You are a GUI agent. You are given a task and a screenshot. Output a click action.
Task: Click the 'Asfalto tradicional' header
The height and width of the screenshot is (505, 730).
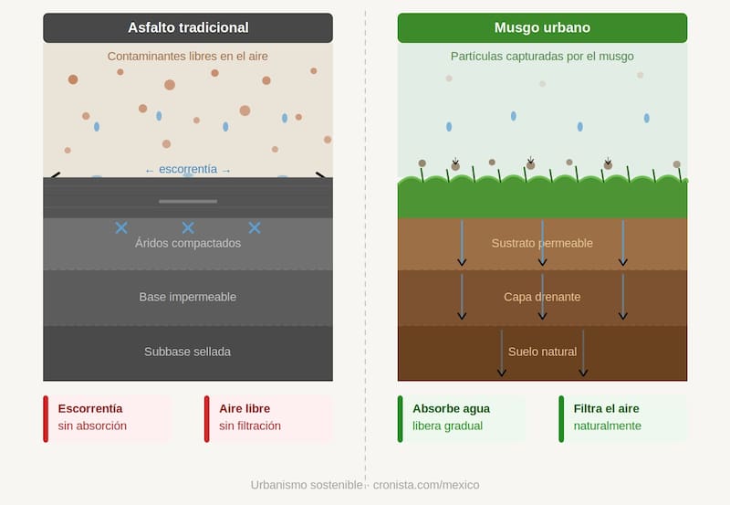(x=187, y=27)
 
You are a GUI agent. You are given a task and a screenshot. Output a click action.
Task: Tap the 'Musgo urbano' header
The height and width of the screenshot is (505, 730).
(x=542, y=27)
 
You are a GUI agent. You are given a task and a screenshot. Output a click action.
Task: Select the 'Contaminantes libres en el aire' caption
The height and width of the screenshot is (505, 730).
(x=187, y=57)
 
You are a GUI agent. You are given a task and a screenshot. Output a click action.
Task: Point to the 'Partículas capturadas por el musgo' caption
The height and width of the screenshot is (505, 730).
(x=542, y=57)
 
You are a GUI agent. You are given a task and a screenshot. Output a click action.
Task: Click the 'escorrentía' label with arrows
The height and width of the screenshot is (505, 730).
(x=188, y=169)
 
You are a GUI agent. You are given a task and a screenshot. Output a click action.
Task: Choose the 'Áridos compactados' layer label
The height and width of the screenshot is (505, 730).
(x=188, y=243)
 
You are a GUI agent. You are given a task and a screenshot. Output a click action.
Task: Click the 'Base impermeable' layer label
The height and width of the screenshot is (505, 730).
(x=188, y=297)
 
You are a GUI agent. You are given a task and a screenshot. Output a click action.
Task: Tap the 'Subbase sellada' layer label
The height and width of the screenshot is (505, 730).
(x=188, y=352)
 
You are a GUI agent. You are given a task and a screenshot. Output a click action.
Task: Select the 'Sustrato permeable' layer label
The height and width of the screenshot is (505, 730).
(x=542, y=243)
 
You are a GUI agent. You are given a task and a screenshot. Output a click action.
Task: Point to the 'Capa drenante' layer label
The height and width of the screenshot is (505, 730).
(x=542, y=297)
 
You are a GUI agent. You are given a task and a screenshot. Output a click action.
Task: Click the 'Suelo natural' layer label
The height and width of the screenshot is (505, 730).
(x=542, y=352)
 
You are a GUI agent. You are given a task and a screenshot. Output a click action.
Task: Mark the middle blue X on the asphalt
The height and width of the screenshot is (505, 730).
(x=188, y=227)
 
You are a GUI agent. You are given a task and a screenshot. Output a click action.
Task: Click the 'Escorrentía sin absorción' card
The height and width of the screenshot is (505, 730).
(x=107, y=418)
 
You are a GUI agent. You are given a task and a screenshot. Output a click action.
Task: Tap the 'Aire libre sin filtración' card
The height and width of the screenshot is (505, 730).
(x=268, y=418)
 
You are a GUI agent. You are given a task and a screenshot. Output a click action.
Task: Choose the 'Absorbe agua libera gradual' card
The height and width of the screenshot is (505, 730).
(x=462, y=418)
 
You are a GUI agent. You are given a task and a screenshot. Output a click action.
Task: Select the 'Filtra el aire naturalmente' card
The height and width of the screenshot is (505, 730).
(x=622, y=418)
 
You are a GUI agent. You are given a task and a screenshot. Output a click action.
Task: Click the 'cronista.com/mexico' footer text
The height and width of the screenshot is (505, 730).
(x=426, y=485)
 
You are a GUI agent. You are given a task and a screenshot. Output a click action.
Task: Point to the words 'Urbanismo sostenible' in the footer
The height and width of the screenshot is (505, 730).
(x=307, y=485)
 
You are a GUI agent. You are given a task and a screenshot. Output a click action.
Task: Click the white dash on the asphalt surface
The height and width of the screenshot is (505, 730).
(x=188, y=201)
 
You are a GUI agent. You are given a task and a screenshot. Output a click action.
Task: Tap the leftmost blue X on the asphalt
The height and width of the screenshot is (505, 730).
(x=121, y=227)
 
